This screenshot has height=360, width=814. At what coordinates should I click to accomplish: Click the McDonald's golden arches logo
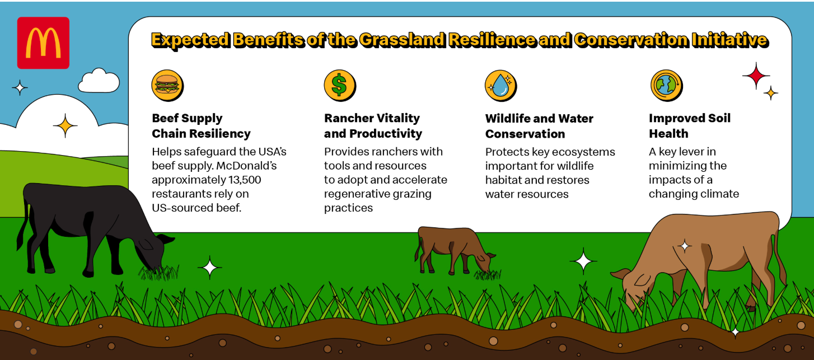coord(43,43)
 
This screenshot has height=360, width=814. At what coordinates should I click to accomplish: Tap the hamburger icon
coord(167,86)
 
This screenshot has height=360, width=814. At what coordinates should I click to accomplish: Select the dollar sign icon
coord(340,86)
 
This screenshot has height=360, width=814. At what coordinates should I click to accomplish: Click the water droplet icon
coord(500,86)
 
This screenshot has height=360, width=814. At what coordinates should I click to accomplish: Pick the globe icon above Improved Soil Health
coord(666,86)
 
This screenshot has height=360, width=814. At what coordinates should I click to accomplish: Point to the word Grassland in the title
coord(402,40)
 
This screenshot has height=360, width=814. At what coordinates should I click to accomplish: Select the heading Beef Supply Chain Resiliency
coord(201,125)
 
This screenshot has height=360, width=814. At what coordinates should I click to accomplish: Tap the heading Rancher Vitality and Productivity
coord(373,125)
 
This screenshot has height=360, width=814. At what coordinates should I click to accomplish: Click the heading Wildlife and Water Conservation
coord(539,126)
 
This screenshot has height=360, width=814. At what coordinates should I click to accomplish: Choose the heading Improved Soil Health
coord(689,125)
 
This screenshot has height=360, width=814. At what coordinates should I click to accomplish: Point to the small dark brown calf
coord(454,251)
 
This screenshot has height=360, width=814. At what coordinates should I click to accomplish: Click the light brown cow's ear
coord(620,274)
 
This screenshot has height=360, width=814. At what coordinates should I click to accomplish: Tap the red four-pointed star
coord(756,76)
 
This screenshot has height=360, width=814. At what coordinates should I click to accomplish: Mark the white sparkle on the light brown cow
coord(685,246)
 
